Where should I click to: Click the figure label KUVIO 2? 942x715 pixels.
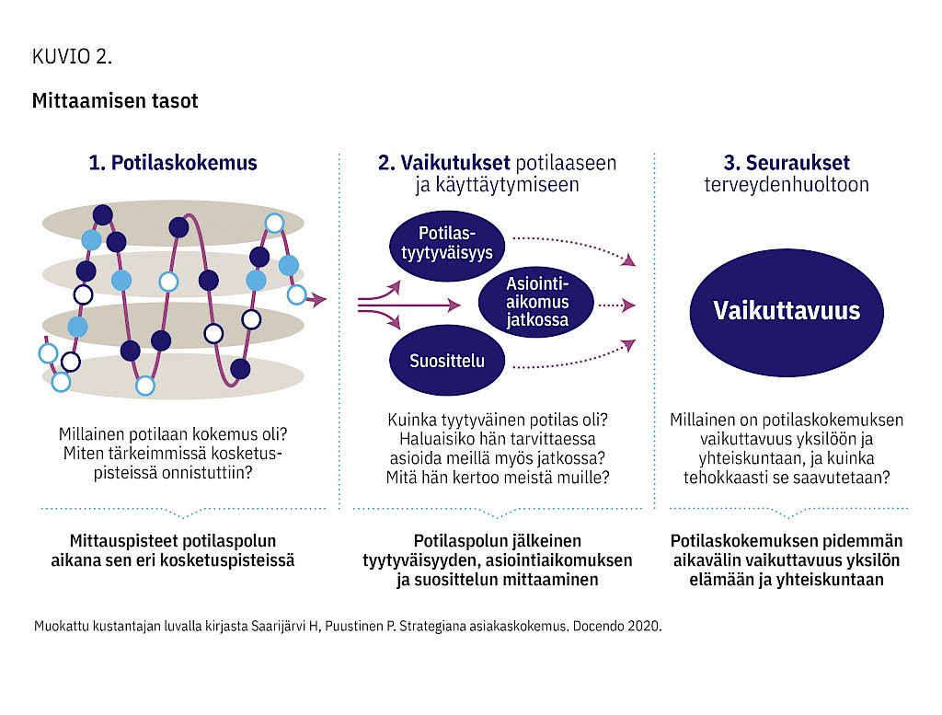72,56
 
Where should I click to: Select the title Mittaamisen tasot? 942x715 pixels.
115,100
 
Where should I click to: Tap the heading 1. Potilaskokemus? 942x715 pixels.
173,162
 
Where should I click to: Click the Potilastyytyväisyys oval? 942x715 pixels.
447,245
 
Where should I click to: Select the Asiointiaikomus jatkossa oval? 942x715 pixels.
536,302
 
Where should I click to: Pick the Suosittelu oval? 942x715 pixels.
447,361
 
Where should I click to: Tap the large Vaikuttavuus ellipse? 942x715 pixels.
787,313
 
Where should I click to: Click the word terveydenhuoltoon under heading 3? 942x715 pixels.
787,184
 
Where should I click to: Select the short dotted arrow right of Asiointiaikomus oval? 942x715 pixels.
617,306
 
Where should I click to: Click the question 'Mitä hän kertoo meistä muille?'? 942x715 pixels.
498,478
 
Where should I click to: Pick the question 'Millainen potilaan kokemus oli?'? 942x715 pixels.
173,433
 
